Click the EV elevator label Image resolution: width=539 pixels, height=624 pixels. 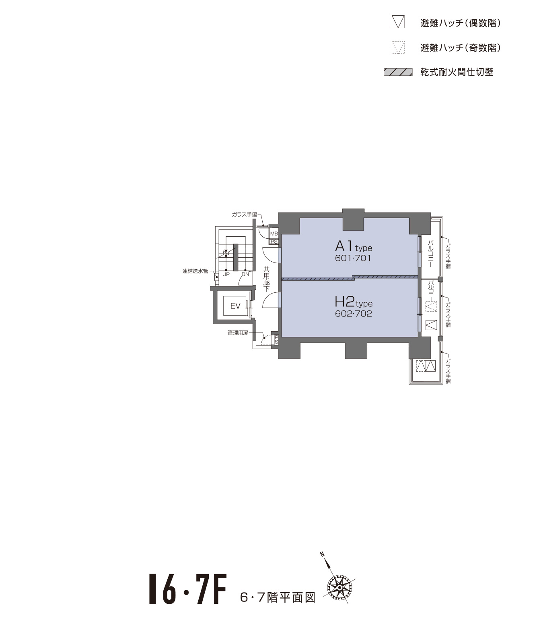235,306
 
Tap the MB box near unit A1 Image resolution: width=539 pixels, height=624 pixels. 274,233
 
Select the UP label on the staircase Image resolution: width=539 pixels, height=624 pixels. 226,274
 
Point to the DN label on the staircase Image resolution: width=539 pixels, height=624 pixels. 245,274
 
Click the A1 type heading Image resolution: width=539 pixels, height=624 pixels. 354,247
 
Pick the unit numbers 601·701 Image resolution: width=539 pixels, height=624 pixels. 353,258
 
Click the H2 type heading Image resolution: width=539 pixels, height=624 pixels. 354,302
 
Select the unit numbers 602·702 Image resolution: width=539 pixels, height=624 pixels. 353,314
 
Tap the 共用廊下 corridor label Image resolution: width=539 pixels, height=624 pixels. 267,279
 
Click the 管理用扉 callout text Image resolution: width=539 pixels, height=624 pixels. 238,333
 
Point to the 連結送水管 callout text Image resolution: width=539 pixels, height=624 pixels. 195,271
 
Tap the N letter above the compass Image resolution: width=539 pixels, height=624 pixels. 322,554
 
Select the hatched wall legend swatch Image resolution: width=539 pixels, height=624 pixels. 398,72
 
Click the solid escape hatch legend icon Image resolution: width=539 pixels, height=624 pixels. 398,22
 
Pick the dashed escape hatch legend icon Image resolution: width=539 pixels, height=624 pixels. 398,48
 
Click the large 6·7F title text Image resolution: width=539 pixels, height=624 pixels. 187,590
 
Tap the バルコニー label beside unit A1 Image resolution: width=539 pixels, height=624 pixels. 430,254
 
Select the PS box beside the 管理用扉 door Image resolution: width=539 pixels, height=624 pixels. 276,340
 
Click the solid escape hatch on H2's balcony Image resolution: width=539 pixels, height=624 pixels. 431,325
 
